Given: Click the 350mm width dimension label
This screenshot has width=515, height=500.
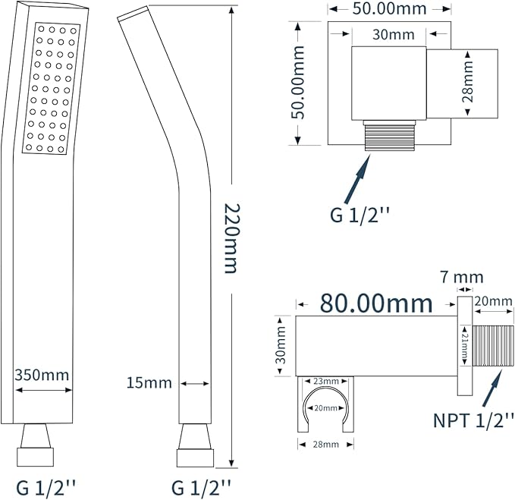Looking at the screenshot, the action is pos(42,375).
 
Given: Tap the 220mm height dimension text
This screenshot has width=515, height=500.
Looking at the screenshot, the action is pos(232,238).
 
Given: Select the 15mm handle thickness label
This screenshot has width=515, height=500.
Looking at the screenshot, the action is pos(149,383).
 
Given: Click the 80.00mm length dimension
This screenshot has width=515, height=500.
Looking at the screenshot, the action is pos(376,303).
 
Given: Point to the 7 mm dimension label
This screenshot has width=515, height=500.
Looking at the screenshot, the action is pos(462,277).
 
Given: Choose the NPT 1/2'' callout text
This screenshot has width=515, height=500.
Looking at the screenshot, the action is pos(473,420).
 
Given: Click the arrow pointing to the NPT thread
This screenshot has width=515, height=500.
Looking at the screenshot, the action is pos(492,388).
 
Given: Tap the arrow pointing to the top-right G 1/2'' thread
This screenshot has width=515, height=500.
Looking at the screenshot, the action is pos(357,179).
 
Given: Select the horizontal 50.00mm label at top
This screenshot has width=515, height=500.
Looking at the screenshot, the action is pos(389,8).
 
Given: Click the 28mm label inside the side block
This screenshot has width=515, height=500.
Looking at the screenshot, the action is pos(468,82).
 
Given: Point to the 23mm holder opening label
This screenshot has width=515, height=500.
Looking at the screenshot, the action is pos(326,381).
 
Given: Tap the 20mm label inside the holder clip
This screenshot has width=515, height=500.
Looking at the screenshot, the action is pos(326,408).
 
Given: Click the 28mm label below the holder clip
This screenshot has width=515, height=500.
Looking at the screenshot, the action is pos(326,445).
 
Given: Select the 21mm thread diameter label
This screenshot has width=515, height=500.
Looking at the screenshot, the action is pos(464,345).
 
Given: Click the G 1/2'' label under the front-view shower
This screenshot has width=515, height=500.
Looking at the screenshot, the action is pos(46,489).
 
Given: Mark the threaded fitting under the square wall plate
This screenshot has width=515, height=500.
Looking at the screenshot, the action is pos(389,135).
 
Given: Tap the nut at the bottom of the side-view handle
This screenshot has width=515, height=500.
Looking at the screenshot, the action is pos(195,458).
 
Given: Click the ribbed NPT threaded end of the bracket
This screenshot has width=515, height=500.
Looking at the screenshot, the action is pos(493,345).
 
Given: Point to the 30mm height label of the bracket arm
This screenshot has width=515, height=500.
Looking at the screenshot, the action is pos(281,345).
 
